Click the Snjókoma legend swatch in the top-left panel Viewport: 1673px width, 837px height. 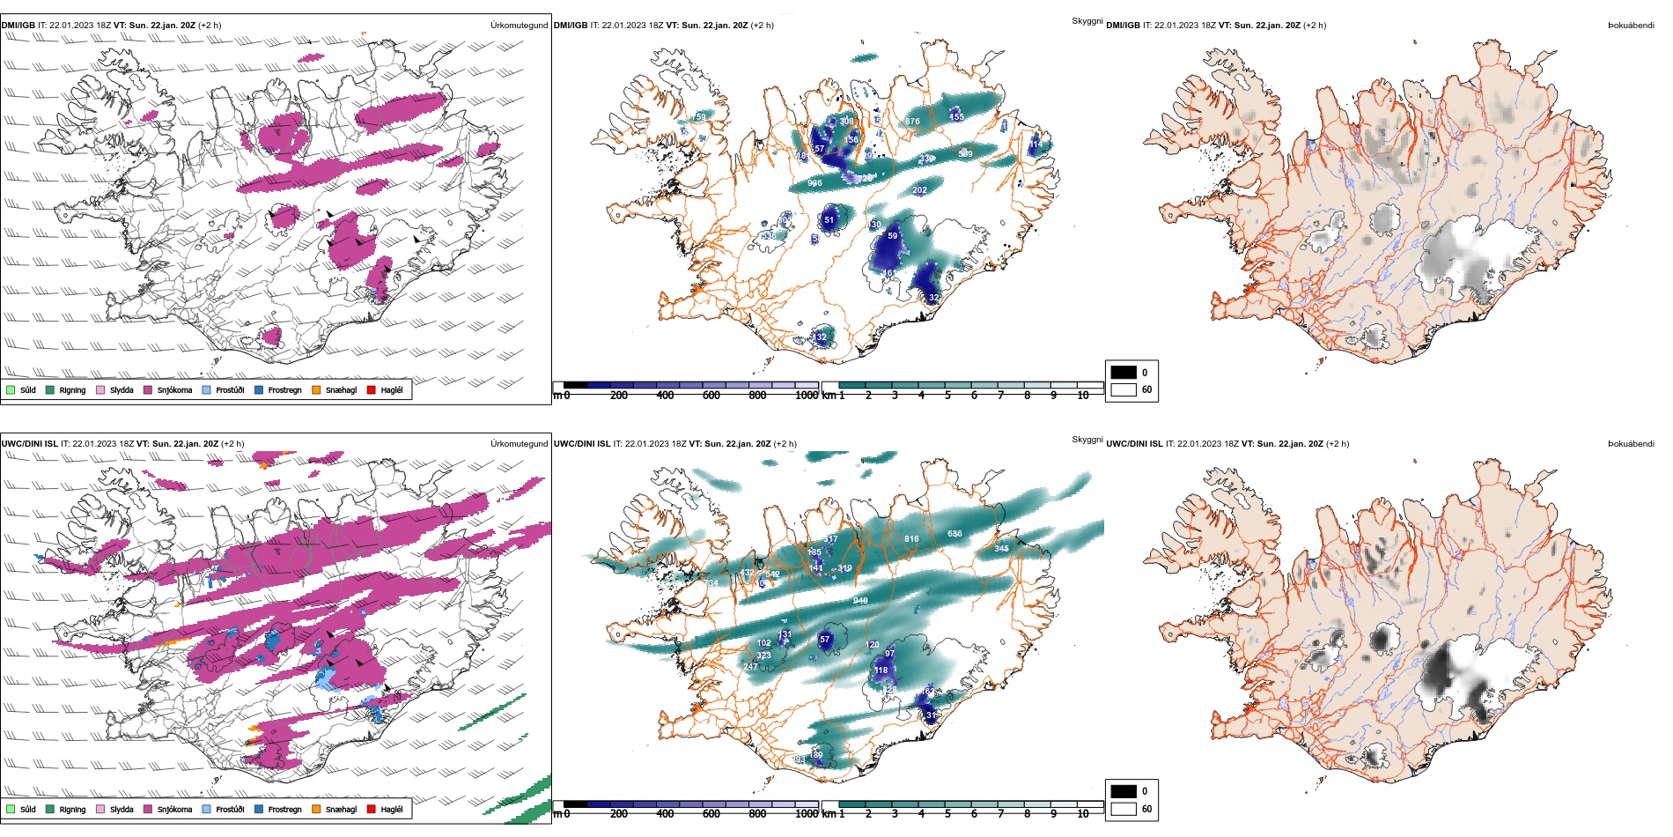[148, 389]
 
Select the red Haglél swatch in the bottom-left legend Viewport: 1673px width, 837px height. [372, 809]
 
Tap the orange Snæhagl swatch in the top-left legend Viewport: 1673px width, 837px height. [316, 389]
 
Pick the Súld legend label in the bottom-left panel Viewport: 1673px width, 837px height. [28, 809]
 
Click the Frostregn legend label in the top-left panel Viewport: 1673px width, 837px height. [284, 389]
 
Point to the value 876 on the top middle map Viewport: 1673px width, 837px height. [912, 122]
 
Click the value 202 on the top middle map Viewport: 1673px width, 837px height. [920, 190]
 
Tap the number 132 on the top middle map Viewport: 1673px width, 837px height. [820, 337]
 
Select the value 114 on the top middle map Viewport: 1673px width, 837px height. [1035, 144]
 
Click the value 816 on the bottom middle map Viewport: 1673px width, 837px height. [911, 539]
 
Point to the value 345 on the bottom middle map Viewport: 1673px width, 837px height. [1001, 549]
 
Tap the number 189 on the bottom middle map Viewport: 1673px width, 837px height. [816, 755]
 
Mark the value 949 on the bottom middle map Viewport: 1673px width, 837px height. [860, 601]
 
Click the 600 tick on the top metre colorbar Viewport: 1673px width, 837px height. [711, 396]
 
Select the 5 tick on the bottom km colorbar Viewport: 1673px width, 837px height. [947, 814]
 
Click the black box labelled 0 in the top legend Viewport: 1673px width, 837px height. [1124, 372]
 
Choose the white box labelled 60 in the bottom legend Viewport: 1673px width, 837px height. [1124, 809]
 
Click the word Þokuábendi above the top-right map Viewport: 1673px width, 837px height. [1631, 26]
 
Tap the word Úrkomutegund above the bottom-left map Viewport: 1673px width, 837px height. [519, 444]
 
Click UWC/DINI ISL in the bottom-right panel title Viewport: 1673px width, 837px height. [1134, 444]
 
